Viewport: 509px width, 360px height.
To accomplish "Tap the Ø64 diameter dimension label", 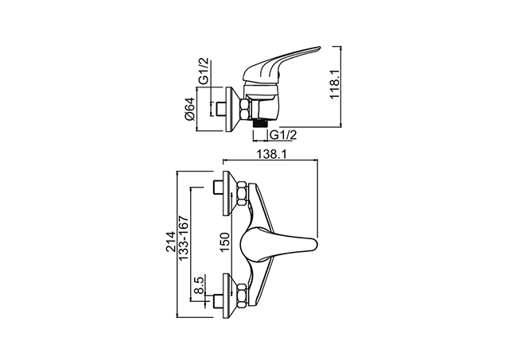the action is pyautogui.click(x=189, y=109).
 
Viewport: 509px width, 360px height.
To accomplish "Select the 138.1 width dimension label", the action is pyautogui.click(x=271, y=154).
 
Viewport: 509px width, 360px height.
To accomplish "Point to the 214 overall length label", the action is pyautogui.click(x=170, y=242).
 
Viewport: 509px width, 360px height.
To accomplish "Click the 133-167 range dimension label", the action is pyautogui.click(x=184, y=238).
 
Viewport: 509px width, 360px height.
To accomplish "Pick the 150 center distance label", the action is pyautogui.click(x=226, y=243).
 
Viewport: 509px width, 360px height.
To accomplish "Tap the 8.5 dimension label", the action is pyautogui.click(x=199, y=285).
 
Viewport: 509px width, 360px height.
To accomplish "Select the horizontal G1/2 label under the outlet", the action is pyautogui.click(x=283, y=134).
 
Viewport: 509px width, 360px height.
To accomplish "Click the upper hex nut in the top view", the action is pyautogui.click(x=242, y=194).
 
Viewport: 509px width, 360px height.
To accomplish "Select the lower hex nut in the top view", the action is pyautogui.click(x=242, y=295).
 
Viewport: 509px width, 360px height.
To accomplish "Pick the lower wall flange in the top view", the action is pyautogui.click(x=230, y=296).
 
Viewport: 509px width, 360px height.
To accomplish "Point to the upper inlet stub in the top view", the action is pyautogui.click(x=217, y=188).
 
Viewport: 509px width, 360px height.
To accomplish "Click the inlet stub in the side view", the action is pyautogui.click(x=220, y=110).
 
